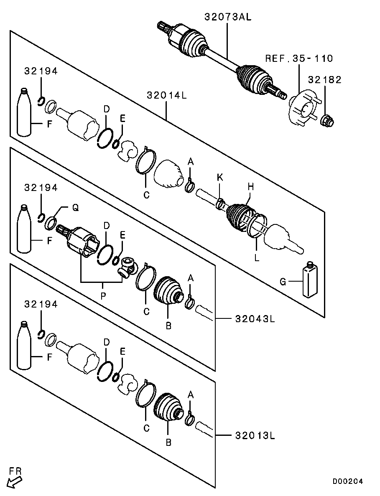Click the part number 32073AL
228,17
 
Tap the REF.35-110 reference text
299,59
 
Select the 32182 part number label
325,80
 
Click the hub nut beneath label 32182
327,121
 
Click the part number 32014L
166,95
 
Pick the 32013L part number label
255,436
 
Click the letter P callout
103,295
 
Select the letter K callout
220,177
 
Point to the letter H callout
250,187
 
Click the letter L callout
257,258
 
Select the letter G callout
283,282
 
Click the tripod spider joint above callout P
128,268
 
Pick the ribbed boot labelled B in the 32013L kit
168,407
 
